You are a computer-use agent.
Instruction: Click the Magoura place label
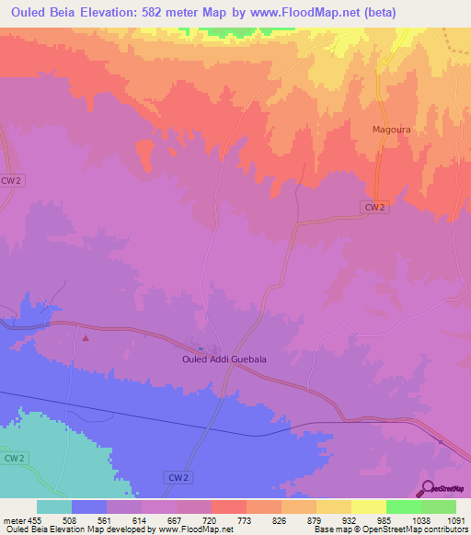tap(390, 130)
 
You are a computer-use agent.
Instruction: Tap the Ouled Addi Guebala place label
tap(218, 359)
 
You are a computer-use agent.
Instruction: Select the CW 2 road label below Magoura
tap(373, 208)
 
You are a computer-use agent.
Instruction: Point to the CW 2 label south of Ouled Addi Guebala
tap(178, 478)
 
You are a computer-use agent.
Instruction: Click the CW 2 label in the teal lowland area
tap(13, 457)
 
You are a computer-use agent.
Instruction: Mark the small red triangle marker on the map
tap(86, 337)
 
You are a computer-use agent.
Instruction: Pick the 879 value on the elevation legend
tap(316, 519)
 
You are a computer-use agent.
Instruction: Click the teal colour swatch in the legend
tap(54, 507)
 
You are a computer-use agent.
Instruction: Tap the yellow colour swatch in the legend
tap(369, 507)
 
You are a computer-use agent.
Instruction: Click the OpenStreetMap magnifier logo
tap(428, 489)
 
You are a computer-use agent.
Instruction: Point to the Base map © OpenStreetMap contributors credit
tap(391, 530)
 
